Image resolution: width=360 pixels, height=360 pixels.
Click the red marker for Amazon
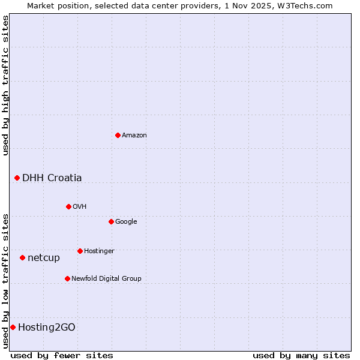[x=118, y=135]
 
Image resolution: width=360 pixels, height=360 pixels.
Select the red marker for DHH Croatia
[x=17, y=178]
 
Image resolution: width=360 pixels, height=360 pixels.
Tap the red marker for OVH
[x=68, y=206]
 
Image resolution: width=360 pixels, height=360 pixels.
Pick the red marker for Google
[x=111, y=221]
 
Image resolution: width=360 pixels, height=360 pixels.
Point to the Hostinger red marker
[x=80, y=251]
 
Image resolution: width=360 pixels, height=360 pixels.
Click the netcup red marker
[x=22, y=257]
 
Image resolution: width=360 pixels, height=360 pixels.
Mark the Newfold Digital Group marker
[x=67, y=278]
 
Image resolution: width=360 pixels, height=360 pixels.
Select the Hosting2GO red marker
[x=13, y=327]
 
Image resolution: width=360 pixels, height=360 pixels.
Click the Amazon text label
[x=134, y=136]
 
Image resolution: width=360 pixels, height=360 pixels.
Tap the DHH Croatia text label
[x=52, y=178]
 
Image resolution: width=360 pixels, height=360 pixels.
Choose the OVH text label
[x=80, y=207]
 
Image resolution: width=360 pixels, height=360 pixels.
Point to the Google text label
[x=126, y=222]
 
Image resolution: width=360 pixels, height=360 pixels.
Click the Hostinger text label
[x=99, y=251]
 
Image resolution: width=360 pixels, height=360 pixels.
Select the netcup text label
[x=44, y=258]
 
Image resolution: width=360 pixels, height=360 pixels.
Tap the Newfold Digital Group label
[x=106, y=278]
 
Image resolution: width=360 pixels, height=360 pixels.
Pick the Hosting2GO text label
[x=47, y=327]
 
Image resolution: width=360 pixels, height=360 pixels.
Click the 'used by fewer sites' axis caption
[x=62, y=355]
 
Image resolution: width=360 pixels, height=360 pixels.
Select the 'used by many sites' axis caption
[x=301, y=355]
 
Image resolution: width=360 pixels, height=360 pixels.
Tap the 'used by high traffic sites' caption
[x=5, y=85]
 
